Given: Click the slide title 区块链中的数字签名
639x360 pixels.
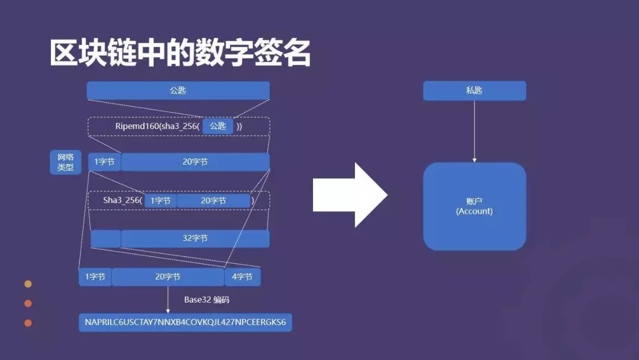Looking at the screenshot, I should [x=180, y=54].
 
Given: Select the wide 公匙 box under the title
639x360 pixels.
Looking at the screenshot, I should [x=178, y=91].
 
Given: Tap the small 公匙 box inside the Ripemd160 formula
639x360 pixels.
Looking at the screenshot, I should [x=218, y=126].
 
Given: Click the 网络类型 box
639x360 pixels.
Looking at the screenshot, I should [x=66, y=162].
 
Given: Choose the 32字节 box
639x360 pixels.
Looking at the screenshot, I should [x=195, y=239].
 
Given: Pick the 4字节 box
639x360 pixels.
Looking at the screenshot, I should [x=243, y=277].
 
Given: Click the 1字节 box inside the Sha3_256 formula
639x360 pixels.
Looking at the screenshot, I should [x=160, y=201].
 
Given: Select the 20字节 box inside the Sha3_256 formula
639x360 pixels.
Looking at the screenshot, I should [x=214, y=201].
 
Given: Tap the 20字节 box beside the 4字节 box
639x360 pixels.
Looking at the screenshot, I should [x=168, y=277].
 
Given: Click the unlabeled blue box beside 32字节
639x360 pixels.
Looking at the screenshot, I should [x=105, y=239].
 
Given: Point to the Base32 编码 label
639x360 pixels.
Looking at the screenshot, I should [x=206, y=300].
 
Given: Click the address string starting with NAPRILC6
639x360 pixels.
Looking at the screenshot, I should [x=185, y=323].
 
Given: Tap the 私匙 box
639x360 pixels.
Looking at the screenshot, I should [x=475, y=91].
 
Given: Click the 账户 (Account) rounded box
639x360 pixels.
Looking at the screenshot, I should [x=475, y=207].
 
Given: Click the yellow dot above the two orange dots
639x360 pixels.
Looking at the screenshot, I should [x=28, y=284].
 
